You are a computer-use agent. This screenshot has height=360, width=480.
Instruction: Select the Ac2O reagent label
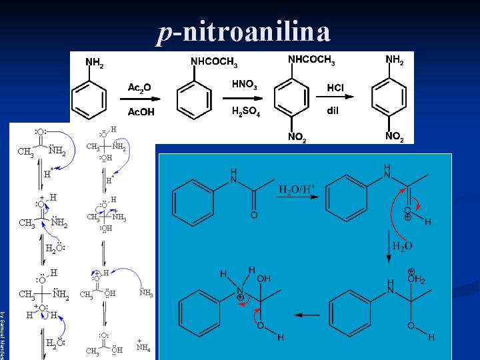[139, 87]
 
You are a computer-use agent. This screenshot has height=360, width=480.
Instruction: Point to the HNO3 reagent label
[245, 85]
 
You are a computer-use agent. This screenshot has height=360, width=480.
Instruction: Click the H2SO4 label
[245, 111]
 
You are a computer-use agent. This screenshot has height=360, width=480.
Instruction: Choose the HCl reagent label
[335, 87]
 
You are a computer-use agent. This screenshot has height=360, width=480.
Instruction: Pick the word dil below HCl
[333, 111]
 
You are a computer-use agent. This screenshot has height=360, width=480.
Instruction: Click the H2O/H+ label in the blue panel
[296, 190]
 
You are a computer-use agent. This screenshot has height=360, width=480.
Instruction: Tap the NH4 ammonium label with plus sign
[143, 345]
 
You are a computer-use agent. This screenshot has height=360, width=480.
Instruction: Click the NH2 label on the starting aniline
[94, 63]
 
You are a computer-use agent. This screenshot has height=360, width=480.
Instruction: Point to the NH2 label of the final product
[395, 61]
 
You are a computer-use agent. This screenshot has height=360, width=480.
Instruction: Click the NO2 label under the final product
[395, 137]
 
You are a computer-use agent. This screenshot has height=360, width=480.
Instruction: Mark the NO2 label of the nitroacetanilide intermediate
[297, 137]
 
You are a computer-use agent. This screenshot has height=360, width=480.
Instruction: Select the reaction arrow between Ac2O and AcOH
[140, 100]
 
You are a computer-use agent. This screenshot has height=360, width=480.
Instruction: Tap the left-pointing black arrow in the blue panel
[307, 315]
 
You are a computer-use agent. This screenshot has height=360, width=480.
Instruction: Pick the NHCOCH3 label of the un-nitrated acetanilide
[214, 62]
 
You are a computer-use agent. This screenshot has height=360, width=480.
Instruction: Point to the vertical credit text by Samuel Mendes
[3, 333]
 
